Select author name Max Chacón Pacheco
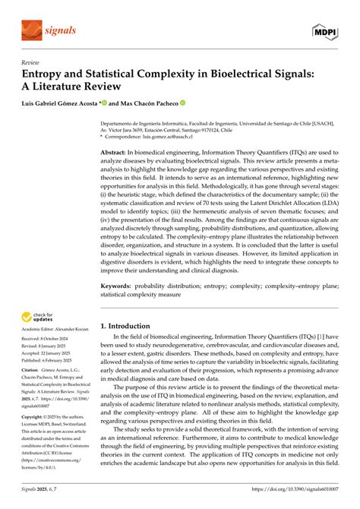tap(149, 103)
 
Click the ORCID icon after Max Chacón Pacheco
tap(183, 103)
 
